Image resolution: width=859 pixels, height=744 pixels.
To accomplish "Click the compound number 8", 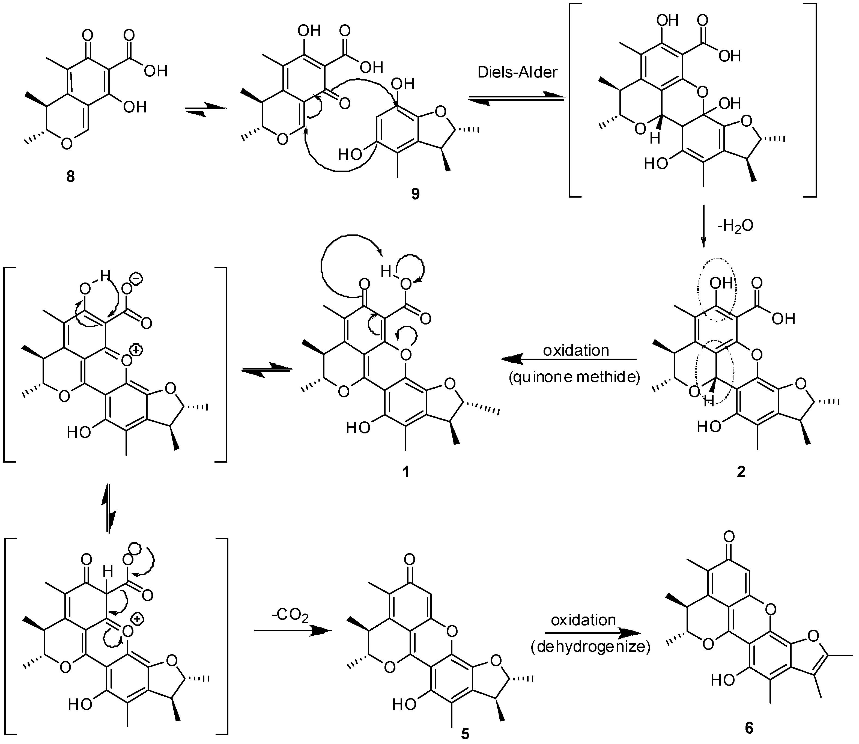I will pos(71,177).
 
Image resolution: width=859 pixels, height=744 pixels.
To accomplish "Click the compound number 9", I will pos(416,194).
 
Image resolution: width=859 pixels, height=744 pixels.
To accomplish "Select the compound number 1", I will pos(406,471).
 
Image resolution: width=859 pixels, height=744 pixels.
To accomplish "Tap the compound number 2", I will pos(741,471).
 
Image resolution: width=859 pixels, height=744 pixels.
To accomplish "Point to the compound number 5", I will pos(466,734).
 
